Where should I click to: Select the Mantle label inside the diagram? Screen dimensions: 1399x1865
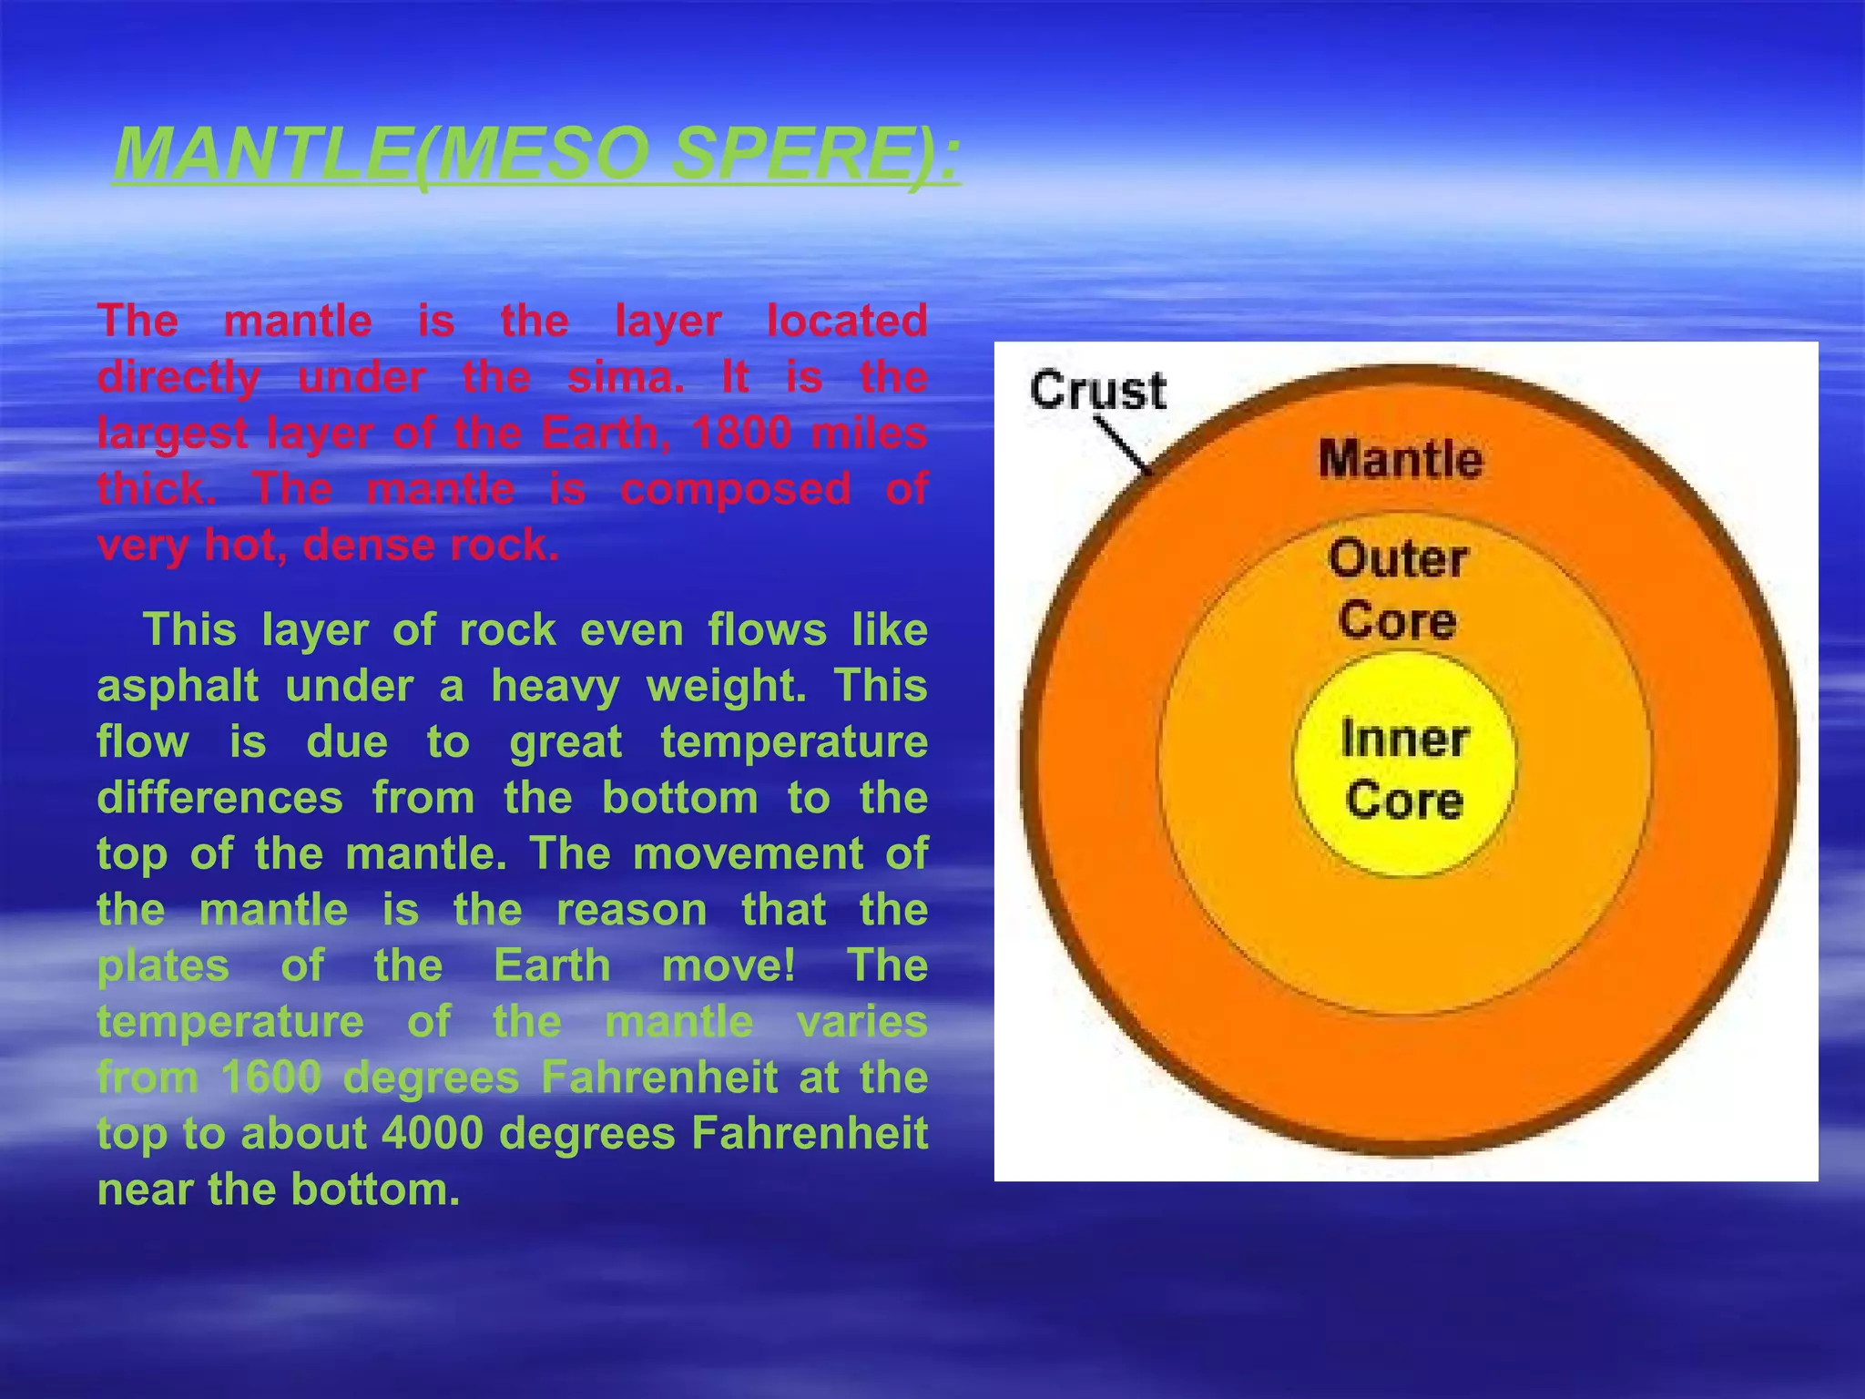[x=1400, y=458]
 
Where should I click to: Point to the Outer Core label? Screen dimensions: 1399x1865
[x=1397, y=588]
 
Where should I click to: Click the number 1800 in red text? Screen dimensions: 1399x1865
[x=739, y=433]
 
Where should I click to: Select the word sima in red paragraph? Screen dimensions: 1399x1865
[x=625, y=377]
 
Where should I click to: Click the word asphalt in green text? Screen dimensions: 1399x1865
[x=178, y=686]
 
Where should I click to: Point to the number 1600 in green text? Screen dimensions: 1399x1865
[x=271, y=1077]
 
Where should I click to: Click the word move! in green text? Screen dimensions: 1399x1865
[x=729, y=965]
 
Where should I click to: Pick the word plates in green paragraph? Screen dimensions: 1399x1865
[x=163, y=965]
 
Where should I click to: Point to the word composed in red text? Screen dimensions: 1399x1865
[x=735, y=489]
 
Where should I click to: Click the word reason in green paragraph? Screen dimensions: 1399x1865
[x=631, y=910]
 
